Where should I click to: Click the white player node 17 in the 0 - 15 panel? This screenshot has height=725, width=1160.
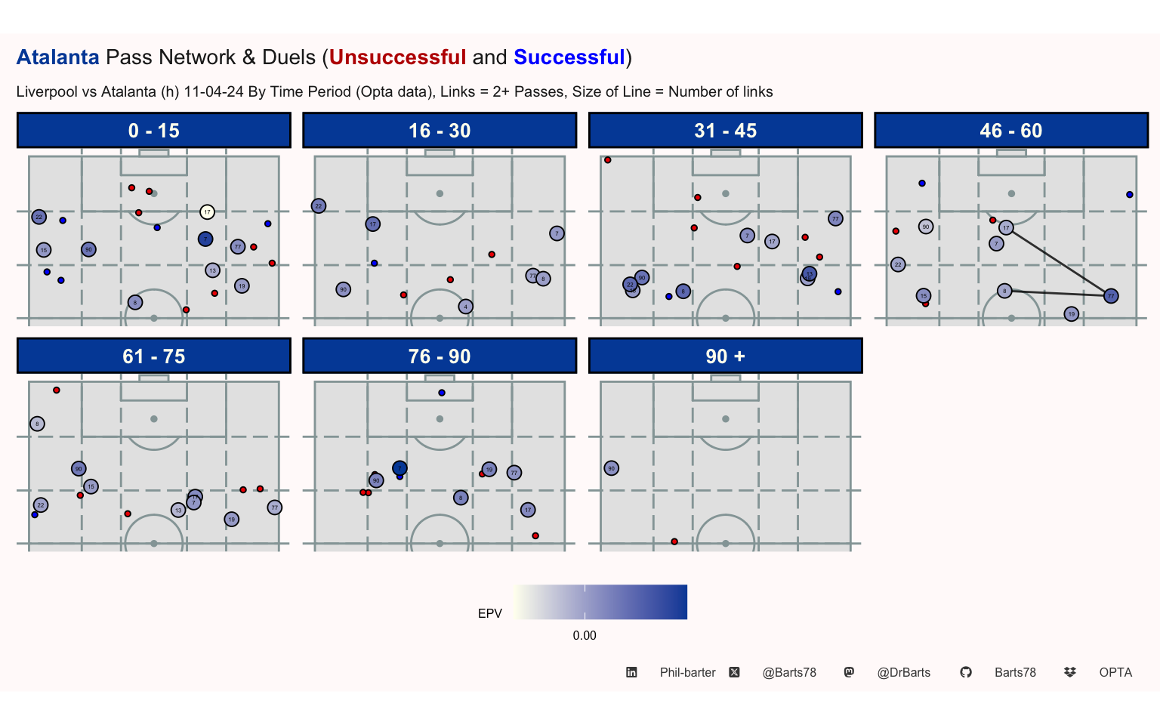pos(207,212)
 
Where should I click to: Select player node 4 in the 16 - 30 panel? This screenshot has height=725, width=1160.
pos(465,307)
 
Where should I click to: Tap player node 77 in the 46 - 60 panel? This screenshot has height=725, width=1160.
pos(1110,296)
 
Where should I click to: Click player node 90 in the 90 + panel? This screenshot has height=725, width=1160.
pos(612,468)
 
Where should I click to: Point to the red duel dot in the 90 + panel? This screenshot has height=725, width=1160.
pos(674,541)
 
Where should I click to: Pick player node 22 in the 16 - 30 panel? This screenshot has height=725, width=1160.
pos(319,206)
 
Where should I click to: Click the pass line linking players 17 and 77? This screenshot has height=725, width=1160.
pos(1057,261)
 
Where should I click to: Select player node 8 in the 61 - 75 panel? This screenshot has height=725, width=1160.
pos(38,424)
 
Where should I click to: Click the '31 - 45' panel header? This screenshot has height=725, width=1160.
pos(725,131)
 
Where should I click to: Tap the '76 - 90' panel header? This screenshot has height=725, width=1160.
pos(440,356)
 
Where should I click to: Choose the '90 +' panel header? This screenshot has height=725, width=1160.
pos(725,356)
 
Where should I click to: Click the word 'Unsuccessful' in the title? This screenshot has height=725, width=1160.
pos(397,57)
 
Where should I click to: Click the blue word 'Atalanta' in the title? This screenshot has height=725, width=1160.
pos(58,57)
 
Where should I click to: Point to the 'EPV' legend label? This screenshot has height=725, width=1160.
pos(490,613)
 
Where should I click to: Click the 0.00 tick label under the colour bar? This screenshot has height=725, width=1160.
pos(585,635)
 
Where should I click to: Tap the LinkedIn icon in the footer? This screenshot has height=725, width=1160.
pos(631,672)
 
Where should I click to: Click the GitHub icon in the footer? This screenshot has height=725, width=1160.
pos(966,672)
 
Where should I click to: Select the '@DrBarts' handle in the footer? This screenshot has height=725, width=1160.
pos(903,672)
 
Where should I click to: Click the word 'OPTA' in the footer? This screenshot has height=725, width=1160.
pos(1115,672)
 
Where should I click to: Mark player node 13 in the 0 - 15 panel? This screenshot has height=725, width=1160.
pos(212,270)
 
